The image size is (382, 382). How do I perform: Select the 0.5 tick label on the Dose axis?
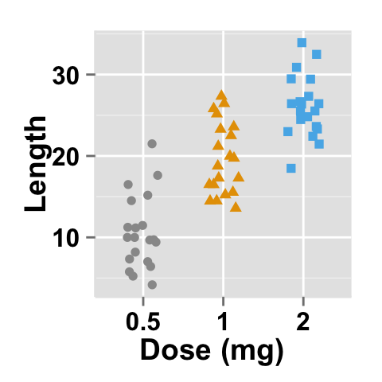pyautogui.click(x=143, y=323)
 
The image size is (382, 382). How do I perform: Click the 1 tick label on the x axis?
pyautogui.click(x=223, y=323)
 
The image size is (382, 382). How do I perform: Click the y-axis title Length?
pyautogui.click(x=37, y=164)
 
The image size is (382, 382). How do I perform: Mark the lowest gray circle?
pyautogui.click(x=152, y=285)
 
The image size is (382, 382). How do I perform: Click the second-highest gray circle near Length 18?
pyautogui.click(x=158, y=175)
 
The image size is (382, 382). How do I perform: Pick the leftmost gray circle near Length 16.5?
pyautogui.click(x=128, y=185)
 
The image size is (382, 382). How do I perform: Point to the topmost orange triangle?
pyautogui.click(x=221, y=95)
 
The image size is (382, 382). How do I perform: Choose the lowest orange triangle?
pyautogui.click(x=236, y=207)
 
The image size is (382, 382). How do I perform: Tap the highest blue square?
pyautogui.click(x=302, y=43)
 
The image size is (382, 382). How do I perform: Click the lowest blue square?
pyautogui.click(x=291, y=168)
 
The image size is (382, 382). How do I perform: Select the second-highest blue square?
pyautogui.click(x=316, y=54)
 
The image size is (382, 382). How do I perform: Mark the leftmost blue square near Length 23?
pyautogui.click(x=288, y=132)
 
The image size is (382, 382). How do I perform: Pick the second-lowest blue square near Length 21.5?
pyautogui.click(x=319, y=144)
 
